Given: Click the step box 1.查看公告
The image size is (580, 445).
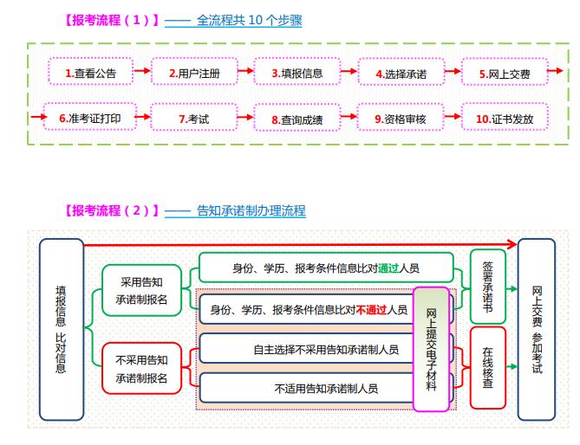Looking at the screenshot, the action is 91,72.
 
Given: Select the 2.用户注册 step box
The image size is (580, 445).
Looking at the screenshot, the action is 194,72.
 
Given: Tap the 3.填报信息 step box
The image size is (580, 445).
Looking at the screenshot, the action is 297,72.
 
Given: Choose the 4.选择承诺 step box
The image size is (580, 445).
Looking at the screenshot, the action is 401,72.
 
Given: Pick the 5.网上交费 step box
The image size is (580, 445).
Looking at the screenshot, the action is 505,72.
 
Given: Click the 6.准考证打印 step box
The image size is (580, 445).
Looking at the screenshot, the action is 90,117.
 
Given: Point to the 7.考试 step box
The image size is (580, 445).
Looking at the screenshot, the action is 194,117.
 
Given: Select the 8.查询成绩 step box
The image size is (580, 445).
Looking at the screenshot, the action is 297,118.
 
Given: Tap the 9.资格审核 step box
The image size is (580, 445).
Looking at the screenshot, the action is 401,117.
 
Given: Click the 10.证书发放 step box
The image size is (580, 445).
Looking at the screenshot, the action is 505,117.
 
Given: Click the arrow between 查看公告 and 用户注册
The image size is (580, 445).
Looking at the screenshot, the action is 142,70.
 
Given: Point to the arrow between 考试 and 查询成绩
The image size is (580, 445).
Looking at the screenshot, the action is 245,118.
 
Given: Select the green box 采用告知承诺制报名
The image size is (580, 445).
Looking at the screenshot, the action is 141,290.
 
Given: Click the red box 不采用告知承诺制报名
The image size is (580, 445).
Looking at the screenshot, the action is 141,368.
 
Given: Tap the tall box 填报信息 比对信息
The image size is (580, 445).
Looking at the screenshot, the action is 62,329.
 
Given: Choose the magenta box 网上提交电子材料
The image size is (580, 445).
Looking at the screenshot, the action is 431,349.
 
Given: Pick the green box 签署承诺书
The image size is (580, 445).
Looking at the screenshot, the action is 488,287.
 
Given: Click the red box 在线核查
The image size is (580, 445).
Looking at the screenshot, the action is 488,367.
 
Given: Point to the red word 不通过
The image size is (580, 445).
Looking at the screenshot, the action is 371,309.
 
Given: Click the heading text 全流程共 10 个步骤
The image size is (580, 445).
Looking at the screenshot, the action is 250,20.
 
